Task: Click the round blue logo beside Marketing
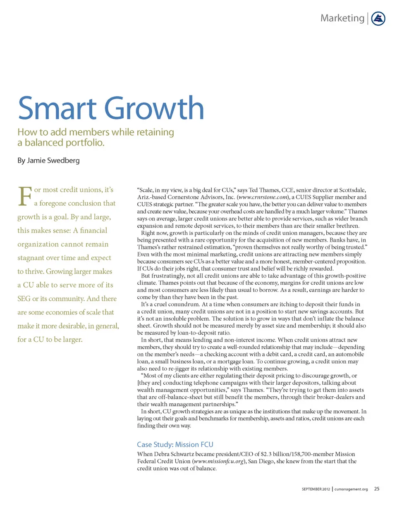(378, 18)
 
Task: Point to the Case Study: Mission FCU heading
(175, 445)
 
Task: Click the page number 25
(377, 489)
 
